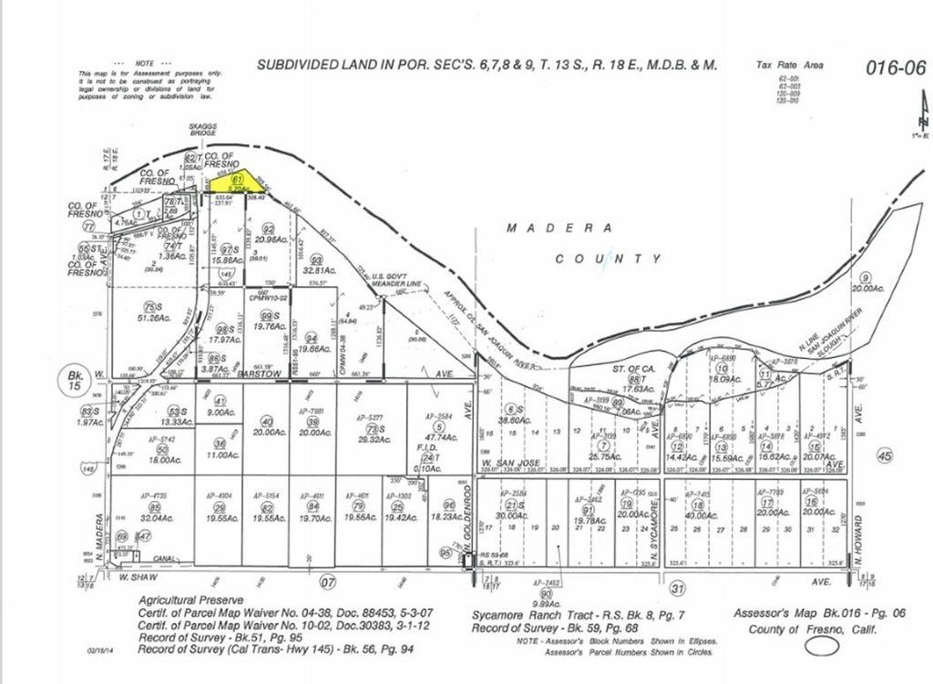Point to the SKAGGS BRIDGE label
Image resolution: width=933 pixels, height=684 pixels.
pos(202,129)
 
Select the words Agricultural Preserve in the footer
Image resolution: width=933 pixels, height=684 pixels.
pos(190,601)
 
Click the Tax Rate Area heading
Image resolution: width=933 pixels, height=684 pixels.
pos(789,66)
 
